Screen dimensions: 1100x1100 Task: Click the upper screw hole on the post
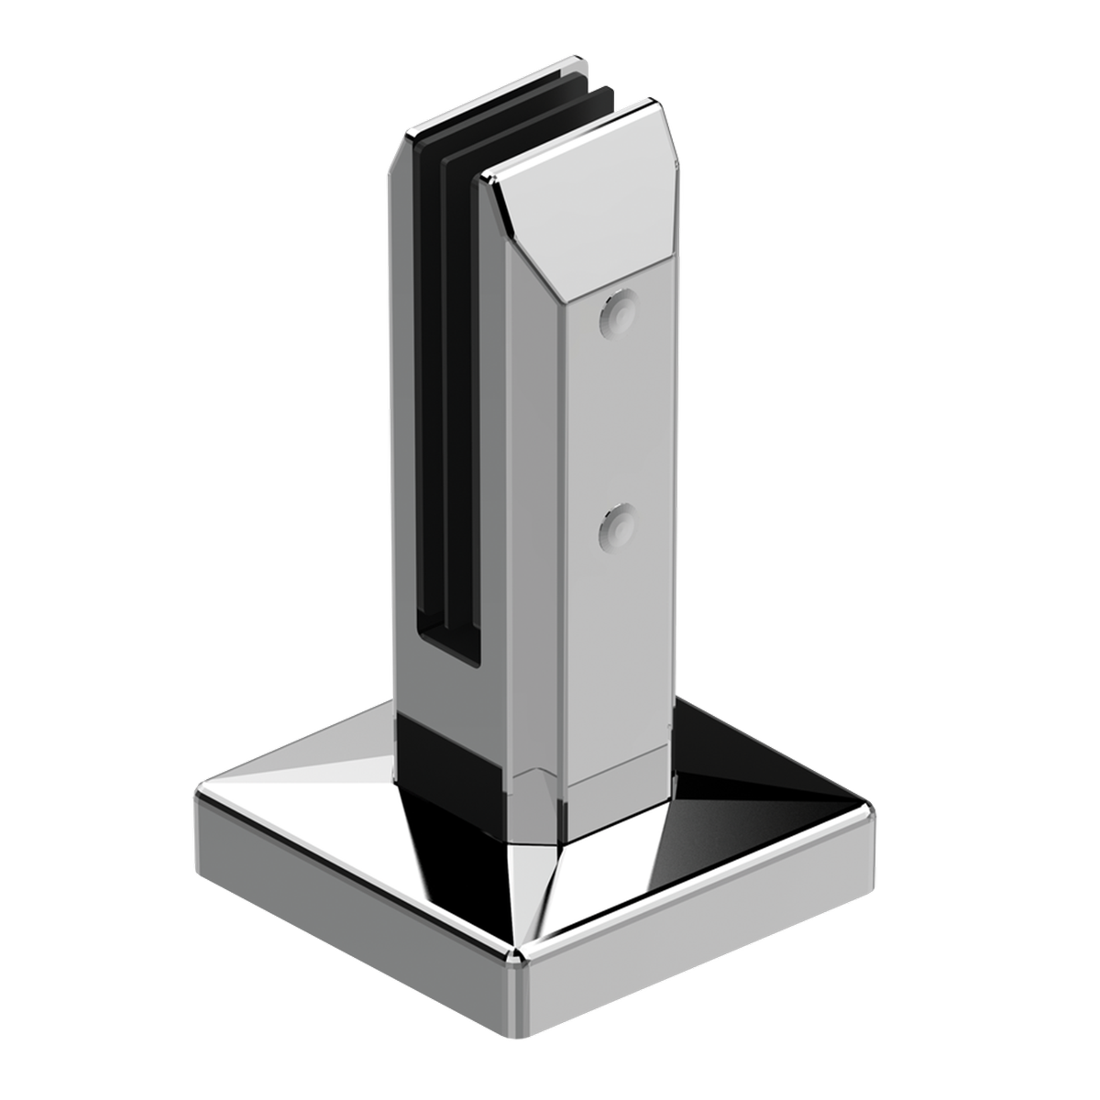pos(619,313)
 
